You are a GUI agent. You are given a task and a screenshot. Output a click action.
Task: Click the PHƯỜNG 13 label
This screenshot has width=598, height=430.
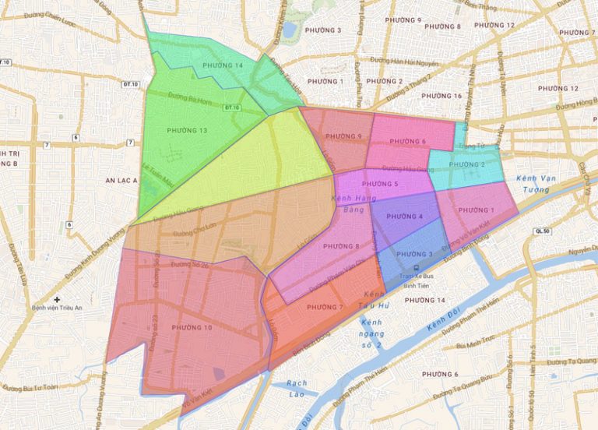[187, 130]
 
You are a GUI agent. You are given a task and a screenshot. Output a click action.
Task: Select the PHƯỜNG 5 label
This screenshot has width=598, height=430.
[380, 184]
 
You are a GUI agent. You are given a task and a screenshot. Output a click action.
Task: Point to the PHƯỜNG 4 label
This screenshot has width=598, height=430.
[404, 217]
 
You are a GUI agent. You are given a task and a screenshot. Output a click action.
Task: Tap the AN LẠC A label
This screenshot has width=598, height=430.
[121, 180]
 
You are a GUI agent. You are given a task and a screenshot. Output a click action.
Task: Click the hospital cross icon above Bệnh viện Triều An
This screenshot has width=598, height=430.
[57, 300]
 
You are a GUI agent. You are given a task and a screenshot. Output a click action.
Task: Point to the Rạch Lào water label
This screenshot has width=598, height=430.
[297, 387]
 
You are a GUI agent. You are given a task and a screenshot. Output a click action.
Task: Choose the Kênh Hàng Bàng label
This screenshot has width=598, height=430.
[354, 204]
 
